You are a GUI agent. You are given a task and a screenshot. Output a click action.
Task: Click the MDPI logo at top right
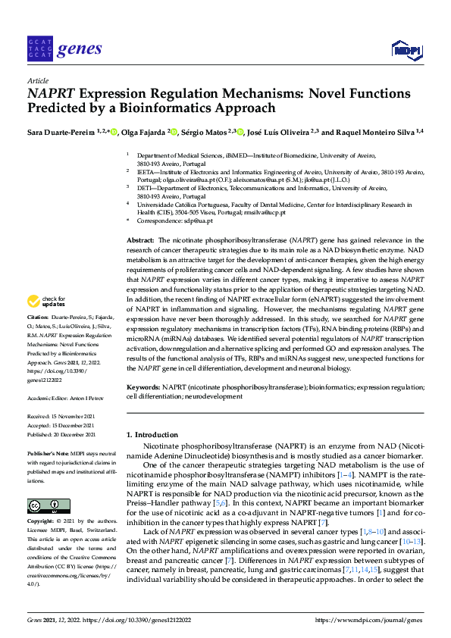(x=405, y=51)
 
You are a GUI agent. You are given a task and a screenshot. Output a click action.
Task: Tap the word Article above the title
(x=37, y=81)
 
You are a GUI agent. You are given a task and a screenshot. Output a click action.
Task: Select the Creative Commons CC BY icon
(x=49, y=505)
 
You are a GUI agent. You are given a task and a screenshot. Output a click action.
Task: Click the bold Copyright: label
(x=42, y=522)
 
